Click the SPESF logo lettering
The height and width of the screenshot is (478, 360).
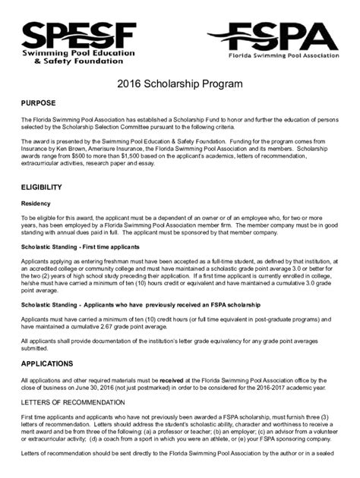point(79,35)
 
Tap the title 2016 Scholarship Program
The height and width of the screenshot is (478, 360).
point(180,83)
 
